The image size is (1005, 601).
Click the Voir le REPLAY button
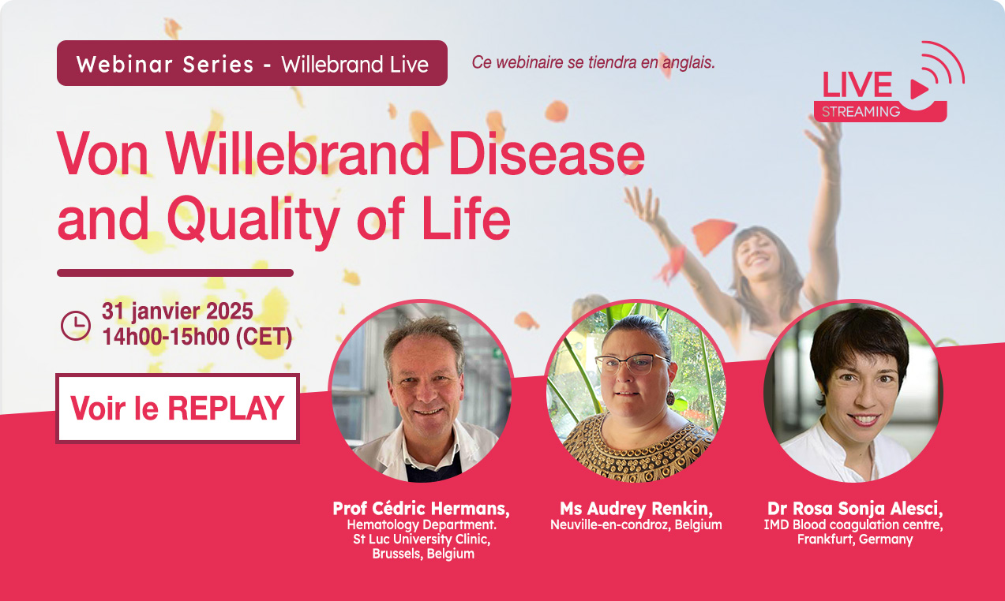coord(178,409)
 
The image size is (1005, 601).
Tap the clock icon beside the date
coord(76,326)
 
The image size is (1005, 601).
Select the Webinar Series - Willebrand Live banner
coord(252,63)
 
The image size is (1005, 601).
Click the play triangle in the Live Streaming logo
coord(919,89)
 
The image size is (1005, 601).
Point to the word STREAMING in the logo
coord(861,111)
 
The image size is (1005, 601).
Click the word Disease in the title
coord(547,153)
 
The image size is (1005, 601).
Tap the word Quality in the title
coord(253,219)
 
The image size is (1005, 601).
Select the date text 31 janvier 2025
coord(177,311)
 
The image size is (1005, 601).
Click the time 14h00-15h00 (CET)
coord(197,337)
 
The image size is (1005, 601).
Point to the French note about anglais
coord(593,62)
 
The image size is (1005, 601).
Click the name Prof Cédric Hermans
coord(421,509)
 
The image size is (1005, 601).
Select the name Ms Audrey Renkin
coord(636,509)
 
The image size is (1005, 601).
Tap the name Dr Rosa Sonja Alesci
coord(855,509)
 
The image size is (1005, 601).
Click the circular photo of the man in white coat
coord(422,391)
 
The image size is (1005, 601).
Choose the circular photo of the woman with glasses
coord(636,391)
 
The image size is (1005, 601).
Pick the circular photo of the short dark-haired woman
coord(853,391)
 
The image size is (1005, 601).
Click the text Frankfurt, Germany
coord(855,539)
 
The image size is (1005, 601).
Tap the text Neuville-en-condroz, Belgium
coord(636,524)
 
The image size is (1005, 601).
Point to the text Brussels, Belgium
coord(423,554)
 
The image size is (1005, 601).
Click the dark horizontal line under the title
coord(175,273)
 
